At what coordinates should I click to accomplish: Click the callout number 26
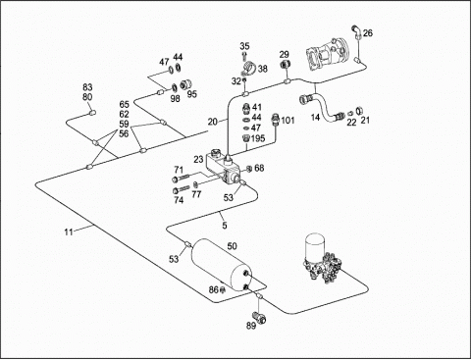[x=368, y=33]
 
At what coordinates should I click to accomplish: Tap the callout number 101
[x=288, y=121]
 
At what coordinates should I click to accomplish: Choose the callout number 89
[x=251, y=326]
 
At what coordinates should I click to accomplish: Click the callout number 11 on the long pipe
[x=69, y=232]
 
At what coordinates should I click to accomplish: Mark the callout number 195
[x=258, y=138]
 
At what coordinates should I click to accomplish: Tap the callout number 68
[x=259, y=168]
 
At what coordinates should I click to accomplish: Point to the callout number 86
[x=213, y=289]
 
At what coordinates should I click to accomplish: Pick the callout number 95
[x=192, y=94]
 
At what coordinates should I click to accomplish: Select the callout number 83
[x=87, y=87]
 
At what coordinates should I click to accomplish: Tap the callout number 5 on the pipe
[x=225, y=226]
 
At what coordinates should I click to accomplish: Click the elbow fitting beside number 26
[x=356, y=31]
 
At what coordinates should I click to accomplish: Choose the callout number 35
[x=244, y=46]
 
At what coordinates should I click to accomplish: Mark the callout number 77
[x=196, y=195]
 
